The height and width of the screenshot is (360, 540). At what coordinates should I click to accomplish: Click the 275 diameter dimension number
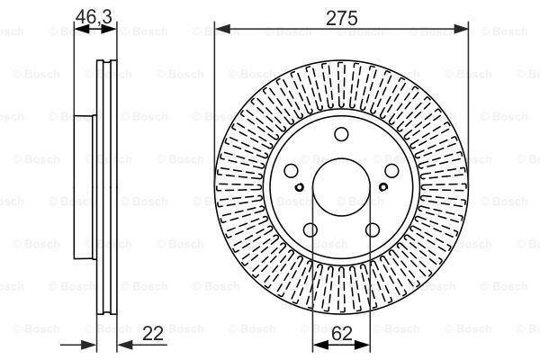[x=341, y=18]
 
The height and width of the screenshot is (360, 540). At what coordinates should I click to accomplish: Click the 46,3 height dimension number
[x=94, y=16]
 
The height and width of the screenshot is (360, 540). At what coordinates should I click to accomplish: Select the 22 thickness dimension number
[x=153, y=334]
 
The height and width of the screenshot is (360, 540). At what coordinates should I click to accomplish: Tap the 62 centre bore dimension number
[x=342, y=334]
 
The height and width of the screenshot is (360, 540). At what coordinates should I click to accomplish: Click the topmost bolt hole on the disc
[x=341, y=134]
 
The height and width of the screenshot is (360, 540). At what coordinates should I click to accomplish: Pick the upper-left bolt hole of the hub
[x=292, y=171]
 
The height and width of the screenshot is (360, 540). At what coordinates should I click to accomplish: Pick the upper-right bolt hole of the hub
[x=391, y=171]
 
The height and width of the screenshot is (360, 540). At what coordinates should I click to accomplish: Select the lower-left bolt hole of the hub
[x=310, y=229]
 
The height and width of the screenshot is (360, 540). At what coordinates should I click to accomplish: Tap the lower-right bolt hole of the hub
[x=373, y=229]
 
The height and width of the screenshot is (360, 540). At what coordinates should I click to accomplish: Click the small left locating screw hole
[x=300, y=187]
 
